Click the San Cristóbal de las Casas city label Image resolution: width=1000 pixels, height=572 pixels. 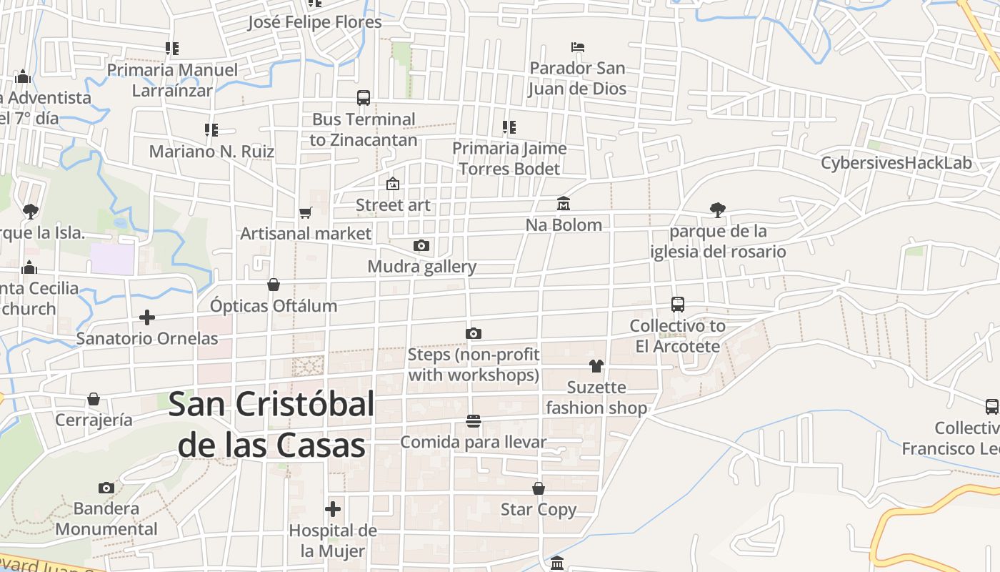pyautogui.click(x=271, y=425)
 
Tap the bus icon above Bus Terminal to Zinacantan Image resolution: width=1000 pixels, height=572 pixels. pyautogui.click(x=364, y=98)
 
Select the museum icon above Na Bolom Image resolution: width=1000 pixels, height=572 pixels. pyautogui.click(x=564, y=204)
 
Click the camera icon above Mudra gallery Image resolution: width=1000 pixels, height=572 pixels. pyautogui.click(x=421, y=246)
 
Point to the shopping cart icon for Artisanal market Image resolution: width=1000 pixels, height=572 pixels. pyautogui.click(x=306, y=212)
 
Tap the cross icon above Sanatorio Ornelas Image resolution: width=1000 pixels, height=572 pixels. pyautogui.click(x=147, y=317)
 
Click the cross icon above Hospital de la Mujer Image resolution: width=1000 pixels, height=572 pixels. pyautogui.click(x=333, y=509)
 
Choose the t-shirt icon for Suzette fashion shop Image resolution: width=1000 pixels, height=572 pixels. pyautogui.click(x=596, y=366)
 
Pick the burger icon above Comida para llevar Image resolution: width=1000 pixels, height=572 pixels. pyautogui.click(x=473, y=421)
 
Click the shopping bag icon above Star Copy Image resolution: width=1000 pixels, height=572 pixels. pyautogui.click(x=539, y=488)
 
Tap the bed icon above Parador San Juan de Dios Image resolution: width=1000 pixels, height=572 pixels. pyautogui.click(x=578, y=47)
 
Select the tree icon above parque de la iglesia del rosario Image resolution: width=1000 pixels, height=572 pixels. pyautogui.click(x=718, y=209)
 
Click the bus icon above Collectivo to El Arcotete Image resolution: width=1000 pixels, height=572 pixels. pyautogui.click(x=678, y=305)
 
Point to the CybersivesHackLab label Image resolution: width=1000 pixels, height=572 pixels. pyautogui.click(x=896, y=163)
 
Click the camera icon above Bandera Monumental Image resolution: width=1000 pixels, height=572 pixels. pyautogui.click(x=106, y=488)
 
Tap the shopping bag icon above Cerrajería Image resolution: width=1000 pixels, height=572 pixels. pyautogui.click(x=94, y=399)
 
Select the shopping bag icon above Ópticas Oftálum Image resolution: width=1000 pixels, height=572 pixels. pyautogui.click(x=274, y=285)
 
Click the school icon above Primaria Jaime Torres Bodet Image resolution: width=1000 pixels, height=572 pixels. pyautogui.click(x=509, y=127)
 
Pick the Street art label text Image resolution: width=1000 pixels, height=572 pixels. pyautogui.click(x=393, y=205)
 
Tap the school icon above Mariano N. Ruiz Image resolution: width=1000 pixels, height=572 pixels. pyautogui.click(x=211, y=130)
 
